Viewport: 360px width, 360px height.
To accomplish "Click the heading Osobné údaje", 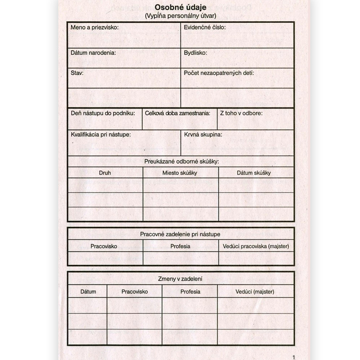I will click(180, 6).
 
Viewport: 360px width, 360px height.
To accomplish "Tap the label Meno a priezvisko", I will click(94, 27).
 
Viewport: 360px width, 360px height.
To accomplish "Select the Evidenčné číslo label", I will click(205, 27).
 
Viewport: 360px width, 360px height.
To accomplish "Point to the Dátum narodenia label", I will click(93, 53).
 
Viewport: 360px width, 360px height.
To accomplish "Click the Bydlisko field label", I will click(196, 53).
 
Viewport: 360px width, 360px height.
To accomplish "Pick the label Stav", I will click(77, 73).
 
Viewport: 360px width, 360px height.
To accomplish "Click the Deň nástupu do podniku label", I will click(103, 113).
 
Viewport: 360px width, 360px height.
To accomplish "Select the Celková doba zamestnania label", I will click(177, 113).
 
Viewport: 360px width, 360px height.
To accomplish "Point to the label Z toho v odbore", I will click(241, 113).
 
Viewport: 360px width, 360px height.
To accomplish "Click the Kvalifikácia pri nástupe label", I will click(101, 135).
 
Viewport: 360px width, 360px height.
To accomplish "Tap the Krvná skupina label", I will click(203, 135).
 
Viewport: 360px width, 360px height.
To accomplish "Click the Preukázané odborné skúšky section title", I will click(181, 162).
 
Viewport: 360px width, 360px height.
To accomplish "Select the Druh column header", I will click(105, 173).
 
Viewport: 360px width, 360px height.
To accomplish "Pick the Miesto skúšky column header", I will click(180, 173).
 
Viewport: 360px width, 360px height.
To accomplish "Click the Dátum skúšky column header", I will click(254, 173).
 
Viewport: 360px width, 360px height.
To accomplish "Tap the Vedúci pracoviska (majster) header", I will click(256, 246).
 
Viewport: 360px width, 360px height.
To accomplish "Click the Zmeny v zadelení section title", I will click(180, 278).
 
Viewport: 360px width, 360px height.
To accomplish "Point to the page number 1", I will click(292, 357).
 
